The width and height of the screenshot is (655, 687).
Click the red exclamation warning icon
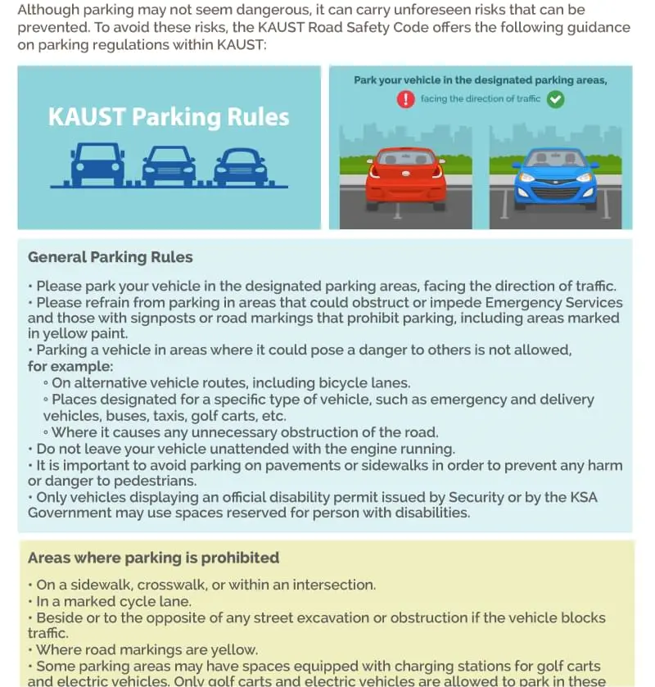[406, 99]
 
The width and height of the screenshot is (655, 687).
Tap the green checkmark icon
[555, 99]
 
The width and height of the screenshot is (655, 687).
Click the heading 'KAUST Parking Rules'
[169, 116]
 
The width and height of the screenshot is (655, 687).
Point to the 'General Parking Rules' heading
[111, 257]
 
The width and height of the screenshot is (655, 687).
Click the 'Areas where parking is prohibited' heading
[153, 558]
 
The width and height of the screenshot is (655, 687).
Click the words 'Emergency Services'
[556, 302]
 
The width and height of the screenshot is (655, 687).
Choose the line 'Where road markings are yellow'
[147, 650]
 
